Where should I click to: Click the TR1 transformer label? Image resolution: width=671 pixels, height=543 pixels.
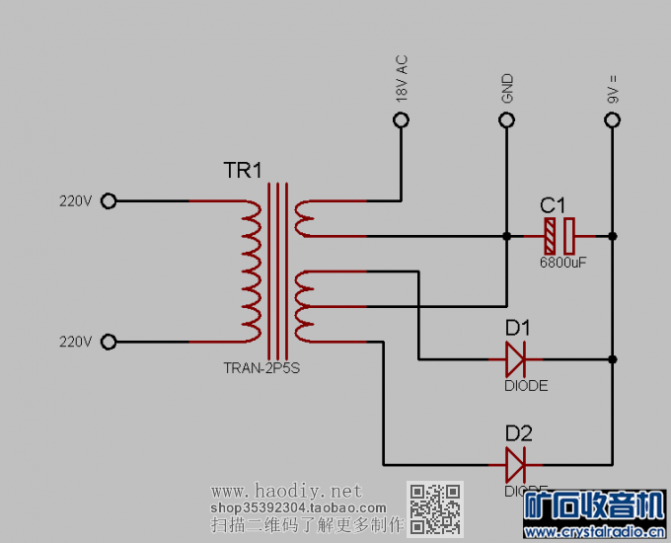(243, 171)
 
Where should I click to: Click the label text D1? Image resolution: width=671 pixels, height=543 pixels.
(518, 327)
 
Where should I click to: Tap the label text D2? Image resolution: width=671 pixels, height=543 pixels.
(518, 432)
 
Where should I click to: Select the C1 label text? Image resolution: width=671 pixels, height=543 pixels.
(553, 205)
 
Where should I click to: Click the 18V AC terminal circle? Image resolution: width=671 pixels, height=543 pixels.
(401, 120)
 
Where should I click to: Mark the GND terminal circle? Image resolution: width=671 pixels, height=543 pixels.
(506, 120)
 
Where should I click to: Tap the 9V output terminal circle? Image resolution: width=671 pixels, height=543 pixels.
(612, 120)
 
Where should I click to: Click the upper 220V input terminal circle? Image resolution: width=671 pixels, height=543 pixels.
(110, 201)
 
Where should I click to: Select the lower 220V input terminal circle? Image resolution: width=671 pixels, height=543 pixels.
(110, 342)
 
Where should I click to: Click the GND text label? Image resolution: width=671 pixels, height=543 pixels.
(507, 89)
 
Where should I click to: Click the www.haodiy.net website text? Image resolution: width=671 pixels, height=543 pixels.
(287, 491)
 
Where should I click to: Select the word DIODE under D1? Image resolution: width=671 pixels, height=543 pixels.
(526, 386)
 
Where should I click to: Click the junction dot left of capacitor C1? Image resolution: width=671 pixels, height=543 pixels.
(506, 237)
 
